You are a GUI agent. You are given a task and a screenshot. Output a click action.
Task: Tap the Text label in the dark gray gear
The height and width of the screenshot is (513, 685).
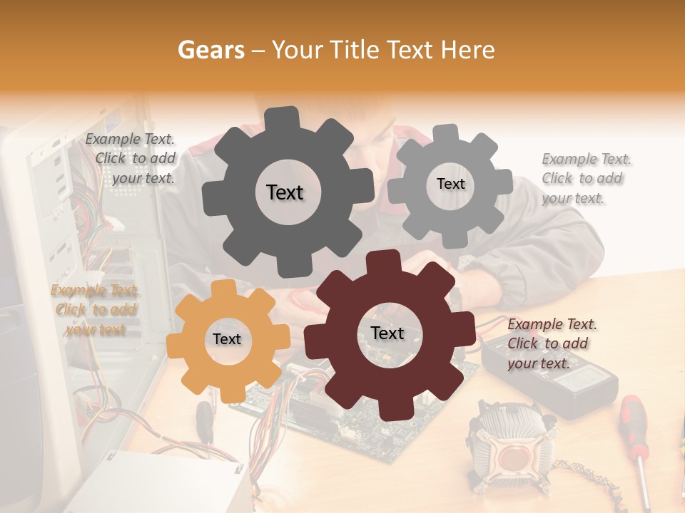285,192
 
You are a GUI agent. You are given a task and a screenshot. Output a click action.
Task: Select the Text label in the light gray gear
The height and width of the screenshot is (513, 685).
450,184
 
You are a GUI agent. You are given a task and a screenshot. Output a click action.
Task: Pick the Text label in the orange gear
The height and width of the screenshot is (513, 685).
227,339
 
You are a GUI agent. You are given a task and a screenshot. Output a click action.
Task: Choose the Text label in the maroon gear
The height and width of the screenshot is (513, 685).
387,333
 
